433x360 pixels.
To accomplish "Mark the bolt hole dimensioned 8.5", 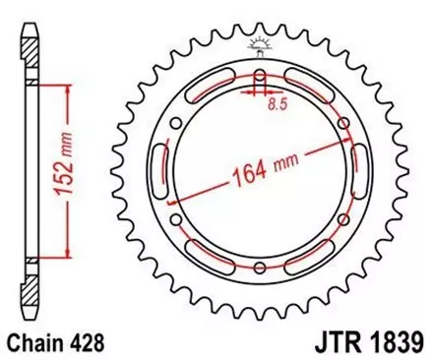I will pos(260,79).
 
